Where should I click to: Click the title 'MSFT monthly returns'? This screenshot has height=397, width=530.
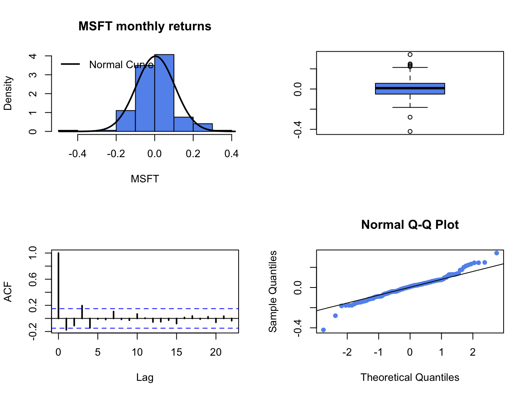pos(145,26)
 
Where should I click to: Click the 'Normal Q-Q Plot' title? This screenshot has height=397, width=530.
pos(410,225)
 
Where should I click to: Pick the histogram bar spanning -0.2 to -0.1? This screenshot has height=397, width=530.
pos(125,121)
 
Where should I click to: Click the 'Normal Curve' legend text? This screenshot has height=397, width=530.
pos(121,65)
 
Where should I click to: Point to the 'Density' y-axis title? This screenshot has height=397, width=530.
pos(8,93)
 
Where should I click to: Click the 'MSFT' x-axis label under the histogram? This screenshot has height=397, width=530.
pos(145,179)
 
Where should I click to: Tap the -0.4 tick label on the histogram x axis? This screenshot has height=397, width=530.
pos(77,154)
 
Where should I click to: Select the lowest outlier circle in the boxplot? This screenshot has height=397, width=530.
pos(410,132)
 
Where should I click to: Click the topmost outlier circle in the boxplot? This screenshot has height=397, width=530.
pos(410,55)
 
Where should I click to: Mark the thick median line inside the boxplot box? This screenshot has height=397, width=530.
pos(410,88)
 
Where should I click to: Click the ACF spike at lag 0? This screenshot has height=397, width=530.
pos(58,285)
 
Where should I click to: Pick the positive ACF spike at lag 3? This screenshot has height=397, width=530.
pos(82,312)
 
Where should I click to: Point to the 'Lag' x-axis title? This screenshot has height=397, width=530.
pos(145,378)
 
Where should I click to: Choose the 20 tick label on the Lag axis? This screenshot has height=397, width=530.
pos(216,352)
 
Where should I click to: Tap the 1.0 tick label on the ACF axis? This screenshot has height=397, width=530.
pos(33,253)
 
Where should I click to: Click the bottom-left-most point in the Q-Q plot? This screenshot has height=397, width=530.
pos(323,330)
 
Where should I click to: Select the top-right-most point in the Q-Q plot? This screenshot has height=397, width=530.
pos(496,253)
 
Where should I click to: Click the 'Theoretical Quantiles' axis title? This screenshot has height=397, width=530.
pos(410,378)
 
